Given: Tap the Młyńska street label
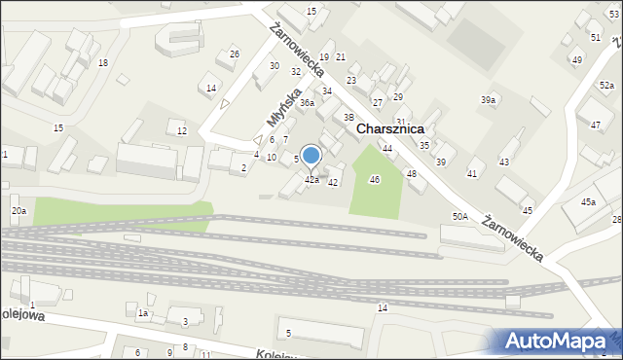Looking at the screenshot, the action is tap(279, 106).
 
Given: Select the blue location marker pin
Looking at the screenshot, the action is tap(311, 156).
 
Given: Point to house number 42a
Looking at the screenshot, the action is tap(311, 180).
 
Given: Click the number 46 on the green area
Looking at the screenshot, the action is tap(374, 179).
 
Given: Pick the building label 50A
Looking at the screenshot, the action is tap(459, 216).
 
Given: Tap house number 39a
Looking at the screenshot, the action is tap(488, 100).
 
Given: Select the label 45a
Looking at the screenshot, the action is tap(588, 201).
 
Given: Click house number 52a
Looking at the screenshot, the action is tap(606, 86).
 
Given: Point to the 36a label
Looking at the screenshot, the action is tap(307, 102).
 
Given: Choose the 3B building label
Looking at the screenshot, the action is tap(348, 117).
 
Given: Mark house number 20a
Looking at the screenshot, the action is tap(18, 210).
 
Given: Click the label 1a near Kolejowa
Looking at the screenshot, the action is tap(142, 313).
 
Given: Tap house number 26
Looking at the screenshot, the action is tap(234, 54).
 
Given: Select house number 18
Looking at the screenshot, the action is tap(103, 62).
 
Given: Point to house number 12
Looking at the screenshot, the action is tap(181, 130).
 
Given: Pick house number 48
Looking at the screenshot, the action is tap(411, 173).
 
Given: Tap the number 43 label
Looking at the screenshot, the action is tap(503, 161).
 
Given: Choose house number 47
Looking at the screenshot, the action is tap(595, 126).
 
